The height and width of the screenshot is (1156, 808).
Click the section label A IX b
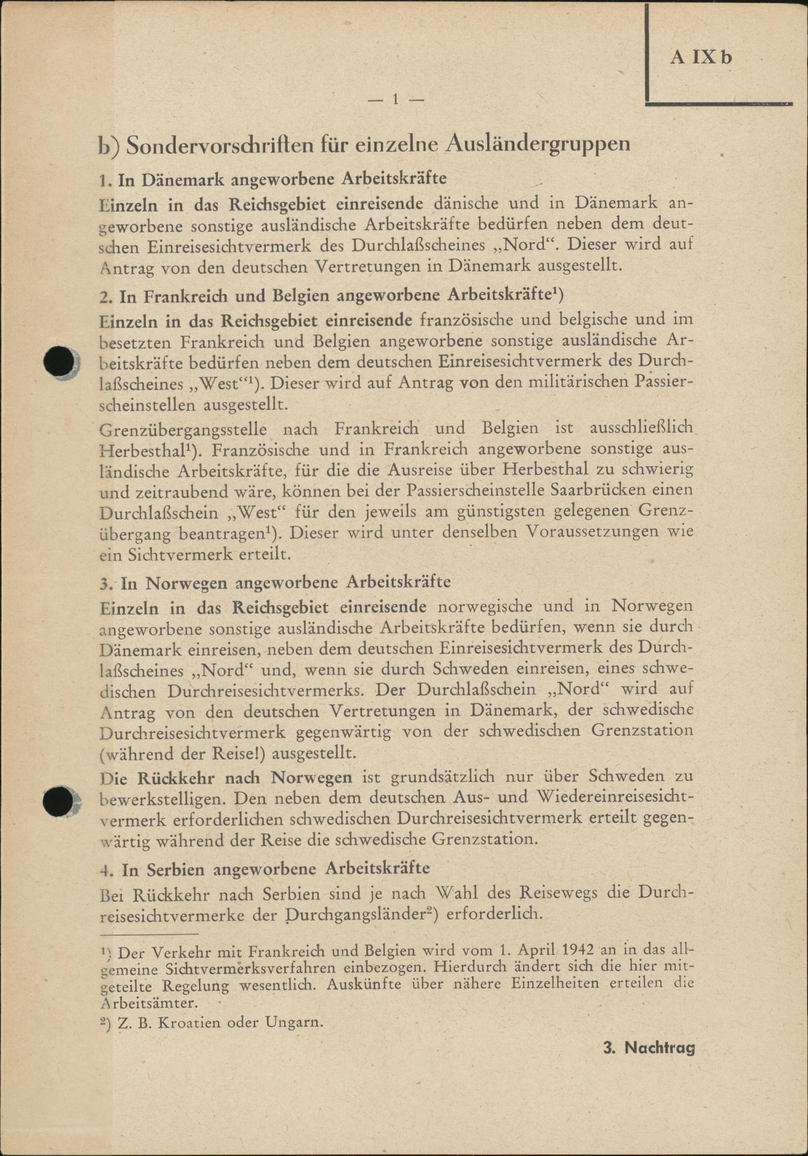700,57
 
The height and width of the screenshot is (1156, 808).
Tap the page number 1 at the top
396,100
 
